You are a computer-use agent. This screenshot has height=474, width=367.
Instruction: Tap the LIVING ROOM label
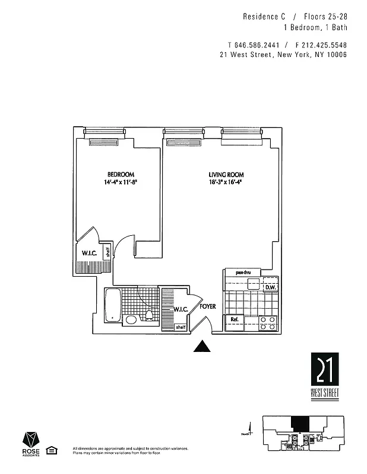(x=226, y=174)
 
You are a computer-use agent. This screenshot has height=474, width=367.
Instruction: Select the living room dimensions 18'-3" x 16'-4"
(x=226, y=182)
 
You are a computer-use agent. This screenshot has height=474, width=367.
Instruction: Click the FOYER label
(x=207, y=306)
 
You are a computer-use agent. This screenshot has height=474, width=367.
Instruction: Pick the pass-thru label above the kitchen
(x=243, y=273)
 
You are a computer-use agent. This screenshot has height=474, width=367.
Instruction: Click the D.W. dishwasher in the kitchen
(x=270, y=288)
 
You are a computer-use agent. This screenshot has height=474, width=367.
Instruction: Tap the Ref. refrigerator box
(x=235, y=320)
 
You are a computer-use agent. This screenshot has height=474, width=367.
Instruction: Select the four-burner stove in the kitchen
(x=268, y=322)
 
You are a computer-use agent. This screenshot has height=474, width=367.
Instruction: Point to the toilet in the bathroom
(x=149, y=315)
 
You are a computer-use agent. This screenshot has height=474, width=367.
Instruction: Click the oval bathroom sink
(x=131, y=320)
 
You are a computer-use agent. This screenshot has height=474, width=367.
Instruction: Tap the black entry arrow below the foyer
(x=203, y=347)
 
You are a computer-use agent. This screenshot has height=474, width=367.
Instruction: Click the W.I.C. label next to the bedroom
(x=90, y=254)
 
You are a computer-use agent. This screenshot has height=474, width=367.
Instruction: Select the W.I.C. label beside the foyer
(x=181, y=309)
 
